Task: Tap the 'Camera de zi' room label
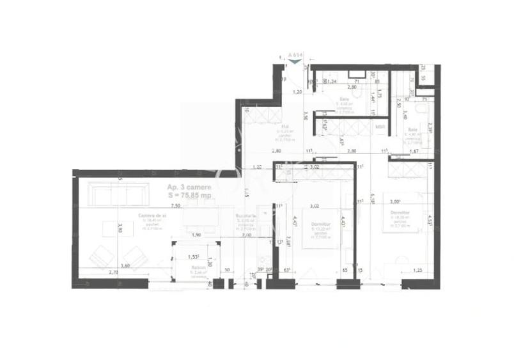click(x=152, y=216)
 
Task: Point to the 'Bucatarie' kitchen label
click(x=245, y=216)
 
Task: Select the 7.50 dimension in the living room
click(x=175, y=207)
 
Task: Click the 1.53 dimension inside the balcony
click(x=192, y=256)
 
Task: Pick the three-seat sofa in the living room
click(x=116, y=194)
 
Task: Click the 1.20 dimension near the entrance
click(x=297, y=92)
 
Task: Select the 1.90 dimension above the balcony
click(x=196, y=235)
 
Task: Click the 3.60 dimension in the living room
click(x=125, y=265)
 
